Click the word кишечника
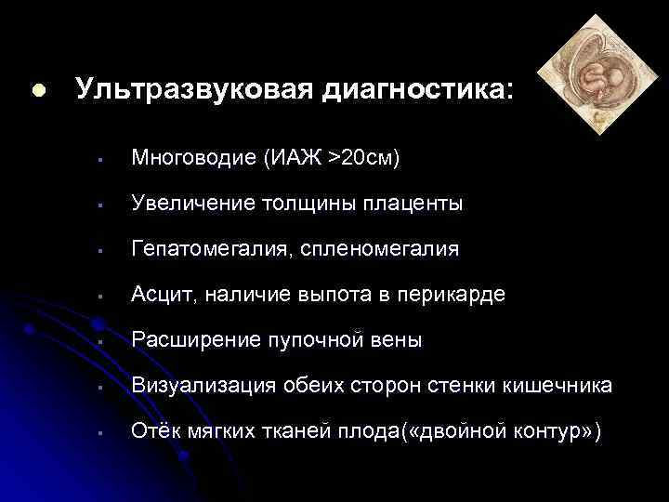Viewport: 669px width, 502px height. tap(563, 386)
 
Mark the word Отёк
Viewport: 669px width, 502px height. tap(152, 431)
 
